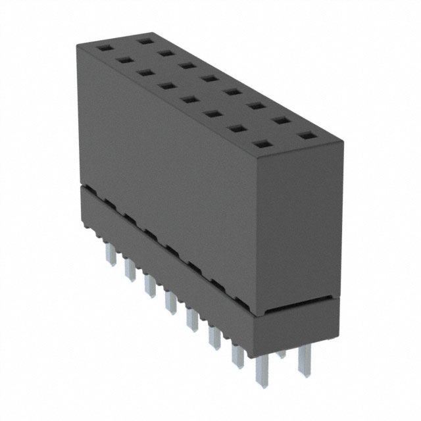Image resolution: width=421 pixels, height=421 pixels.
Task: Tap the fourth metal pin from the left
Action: point(170,302)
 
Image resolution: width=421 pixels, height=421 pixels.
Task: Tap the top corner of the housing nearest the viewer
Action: point(259,161)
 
